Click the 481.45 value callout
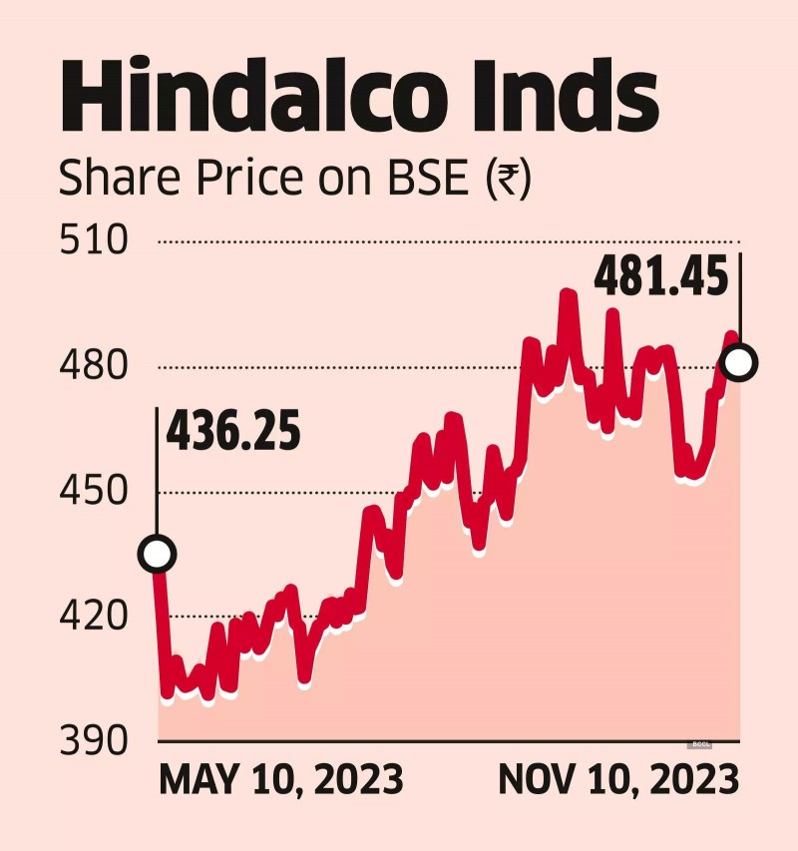point(660,278)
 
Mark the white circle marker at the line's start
point(158,554)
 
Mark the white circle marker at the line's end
point(739,363)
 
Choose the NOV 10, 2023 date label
point(618,779)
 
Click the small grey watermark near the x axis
point(700,744)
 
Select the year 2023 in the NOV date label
point(692,779)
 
